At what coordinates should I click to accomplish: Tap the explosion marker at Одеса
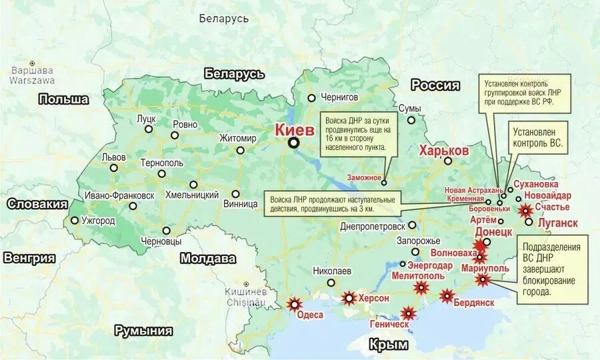pos(294,304)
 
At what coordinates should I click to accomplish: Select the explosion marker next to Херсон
pos(349,298)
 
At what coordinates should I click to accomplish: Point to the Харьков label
pos(444,151)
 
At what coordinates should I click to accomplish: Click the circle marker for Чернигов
pos(311,98)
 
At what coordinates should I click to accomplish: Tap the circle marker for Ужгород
pos(75,220)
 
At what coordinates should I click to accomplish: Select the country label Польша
pos(63,99)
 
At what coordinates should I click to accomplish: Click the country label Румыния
pos(143,331)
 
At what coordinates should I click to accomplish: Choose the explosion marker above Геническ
pos(408,312)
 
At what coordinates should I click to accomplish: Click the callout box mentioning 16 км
pos(359,133)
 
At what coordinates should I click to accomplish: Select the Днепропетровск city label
pos(373,226)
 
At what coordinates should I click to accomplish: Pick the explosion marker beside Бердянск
pos(447,295)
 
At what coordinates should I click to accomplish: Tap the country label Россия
pos(435,85)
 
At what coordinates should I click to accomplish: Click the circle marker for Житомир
pos(240,150)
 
